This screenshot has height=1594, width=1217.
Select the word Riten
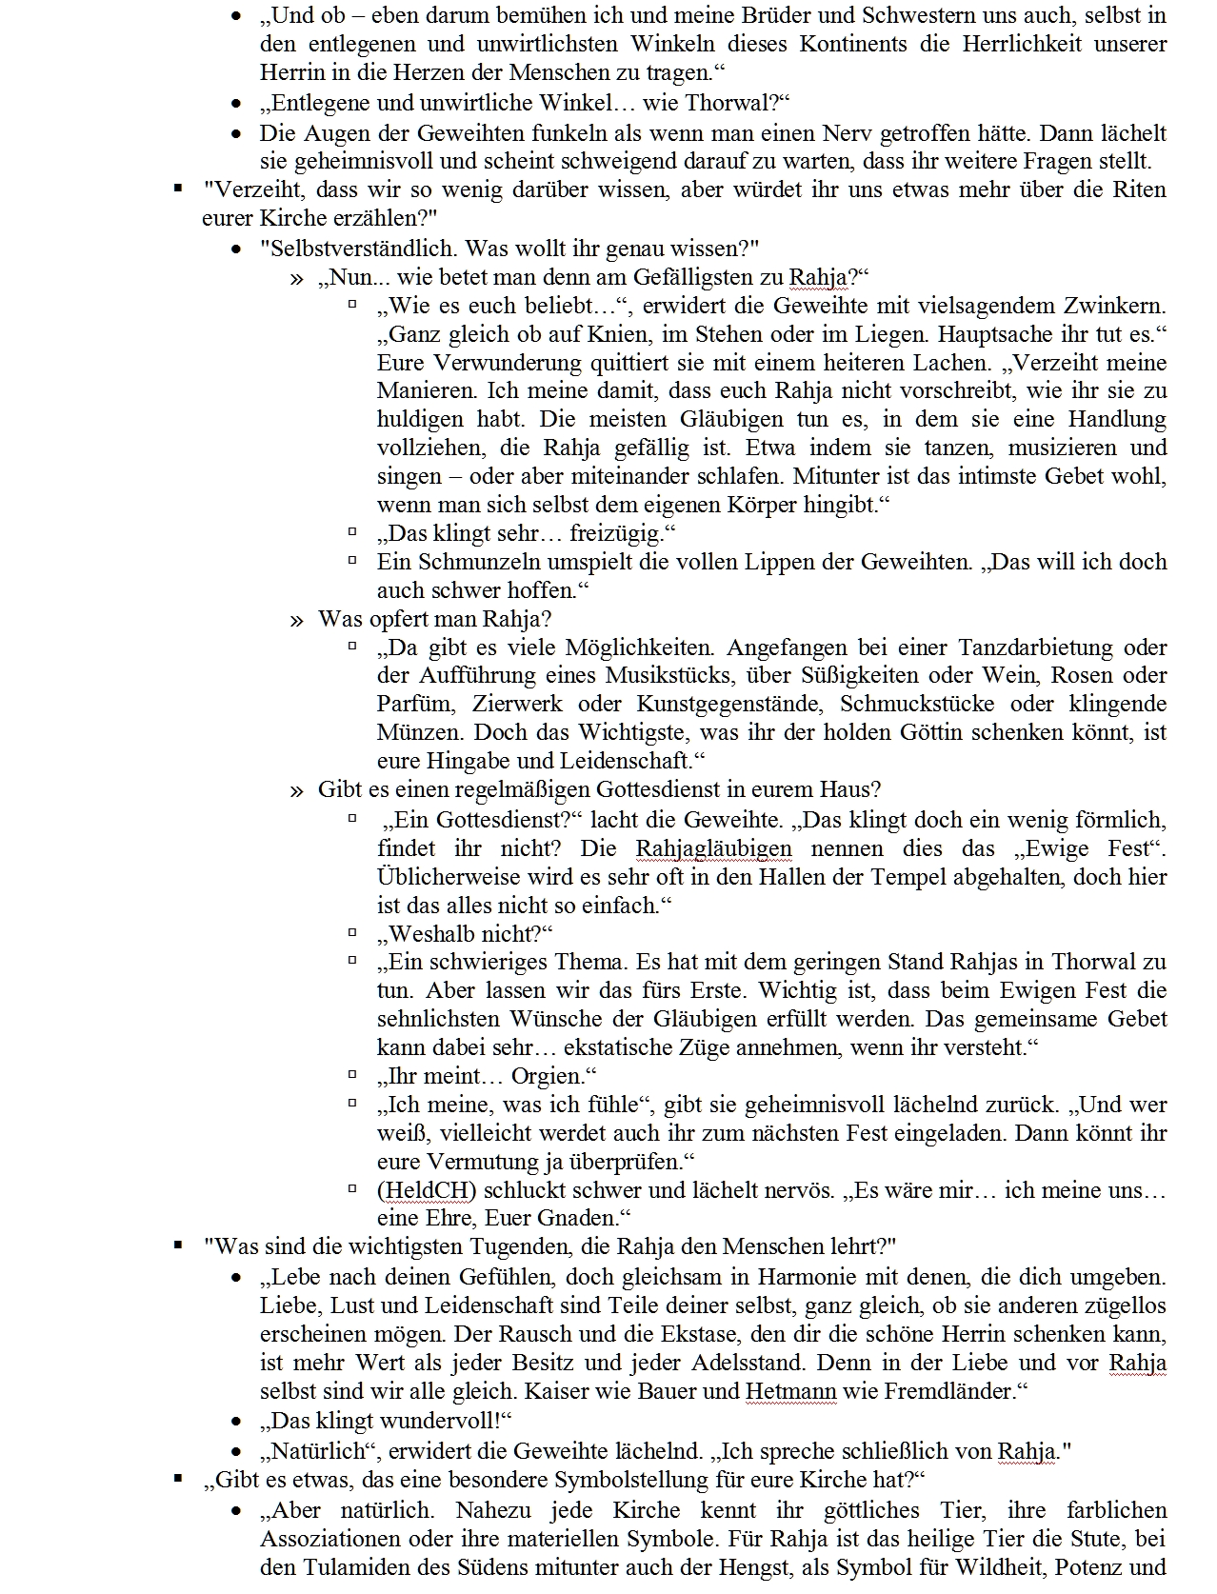click(1138, 189)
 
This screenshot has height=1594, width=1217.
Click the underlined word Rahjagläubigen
click(713, 848)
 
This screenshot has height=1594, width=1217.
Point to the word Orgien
click(548, 1076)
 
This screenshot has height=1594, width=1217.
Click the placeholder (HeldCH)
click(427, 1190)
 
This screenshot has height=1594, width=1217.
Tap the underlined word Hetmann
click(790, 1390)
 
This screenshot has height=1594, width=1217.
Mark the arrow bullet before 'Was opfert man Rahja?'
click(297, 620)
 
